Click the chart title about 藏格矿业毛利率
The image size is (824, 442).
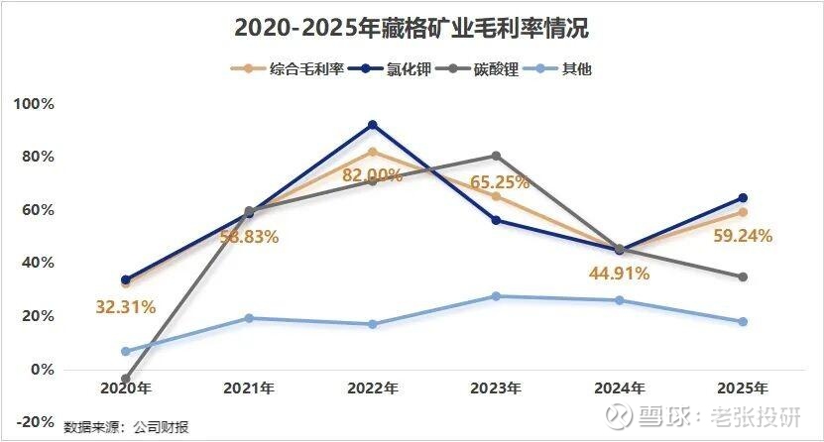coord(412,29)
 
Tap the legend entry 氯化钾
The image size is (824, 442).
coord(410,69)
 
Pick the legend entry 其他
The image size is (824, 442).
coord(576,69)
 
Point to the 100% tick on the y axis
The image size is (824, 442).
coord(35,104)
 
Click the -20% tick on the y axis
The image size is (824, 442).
coord(35,422)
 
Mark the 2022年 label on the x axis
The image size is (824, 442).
coord(372,387)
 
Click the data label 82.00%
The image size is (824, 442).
coord(372,175)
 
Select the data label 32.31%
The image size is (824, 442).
coord(126,306)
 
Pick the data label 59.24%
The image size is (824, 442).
coord(742,236)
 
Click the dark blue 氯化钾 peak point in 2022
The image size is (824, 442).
coord(373,125)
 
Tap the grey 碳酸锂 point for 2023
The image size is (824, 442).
coord(496,156)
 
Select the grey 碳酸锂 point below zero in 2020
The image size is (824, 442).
coord(126,379)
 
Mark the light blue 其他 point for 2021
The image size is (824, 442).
coord(249,318)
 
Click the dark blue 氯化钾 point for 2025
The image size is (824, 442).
coord(743,198)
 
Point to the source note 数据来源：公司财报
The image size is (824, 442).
coord(126,427)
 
